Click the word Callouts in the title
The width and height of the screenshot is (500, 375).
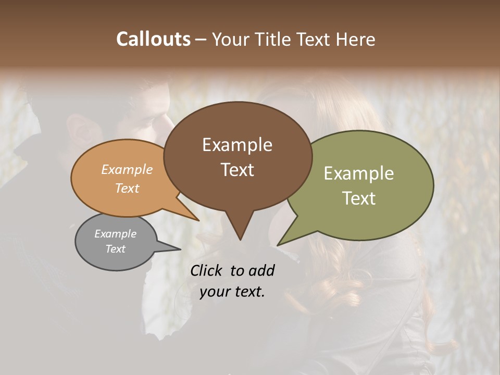tap(154, 39)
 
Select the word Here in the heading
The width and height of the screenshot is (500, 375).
tap(355, 39)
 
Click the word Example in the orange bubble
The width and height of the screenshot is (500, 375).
tap(127, 169)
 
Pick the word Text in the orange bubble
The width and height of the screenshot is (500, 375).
tap(127, 188)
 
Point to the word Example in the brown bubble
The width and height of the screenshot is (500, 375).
tap(238, 145)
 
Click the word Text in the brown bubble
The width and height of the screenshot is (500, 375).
tap(238, 170)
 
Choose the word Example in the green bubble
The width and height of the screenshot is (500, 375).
tap(359, 173)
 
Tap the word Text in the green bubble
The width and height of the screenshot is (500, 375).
tap(359, 198)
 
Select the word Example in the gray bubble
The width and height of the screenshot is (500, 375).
tap(116, 234)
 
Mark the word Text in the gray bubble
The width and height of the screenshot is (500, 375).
tap(116, 249)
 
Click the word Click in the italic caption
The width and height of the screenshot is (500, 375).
tap(207, 270)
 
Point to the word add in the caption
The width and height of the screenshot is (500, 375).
tap(261, 270)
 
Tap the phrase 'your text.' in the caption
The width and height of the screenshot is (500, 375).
tap(232, 292)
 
